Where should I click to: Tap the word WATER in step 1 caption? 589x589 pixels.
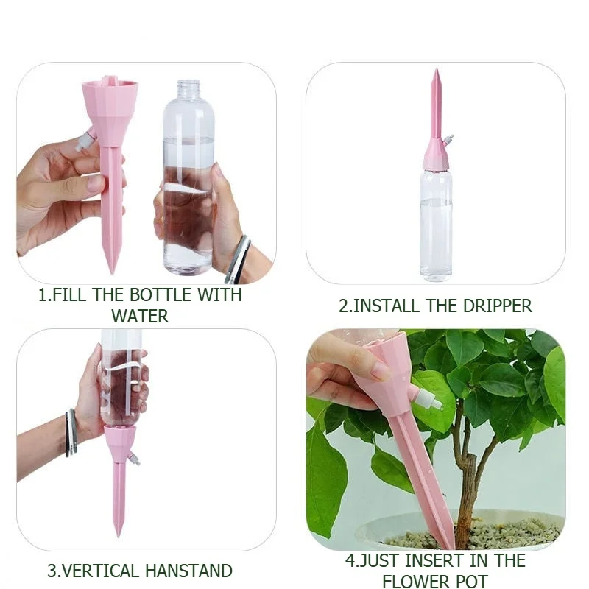(x=140, y=317)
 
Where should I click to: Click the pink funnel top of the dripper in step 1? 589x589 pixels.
(x=110, y=103)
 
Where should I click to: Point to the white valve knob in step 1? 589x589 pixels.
(x=85, y=140)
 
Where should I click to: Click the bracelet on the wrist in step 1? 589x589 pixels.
(x=237, y=260)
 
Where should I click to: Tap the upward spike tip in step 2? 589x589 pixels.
(x=436, y=74)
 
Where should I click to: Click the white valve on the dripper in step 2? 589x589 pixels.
(x=448, y=139)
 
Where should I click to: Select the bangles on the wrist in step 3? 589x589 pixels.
(x=71, y=432)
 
